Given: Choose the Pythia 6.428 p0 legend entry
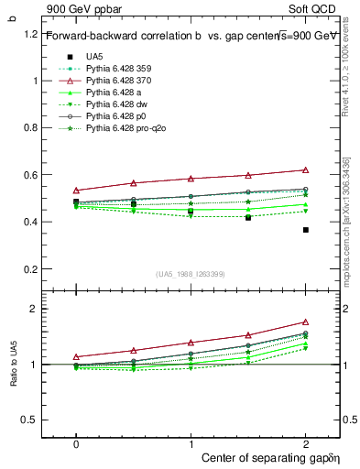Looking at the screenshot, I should (115, 116).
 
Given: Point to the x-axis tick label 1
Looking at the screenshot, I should (191, 442).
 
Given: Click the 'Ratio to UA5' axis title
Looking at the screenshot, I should (14, 377).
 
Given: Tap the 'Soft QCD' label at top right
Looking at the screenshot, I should (317, 8).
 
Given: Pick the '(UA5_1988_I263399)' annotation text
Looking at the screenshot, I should (191, 274).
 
